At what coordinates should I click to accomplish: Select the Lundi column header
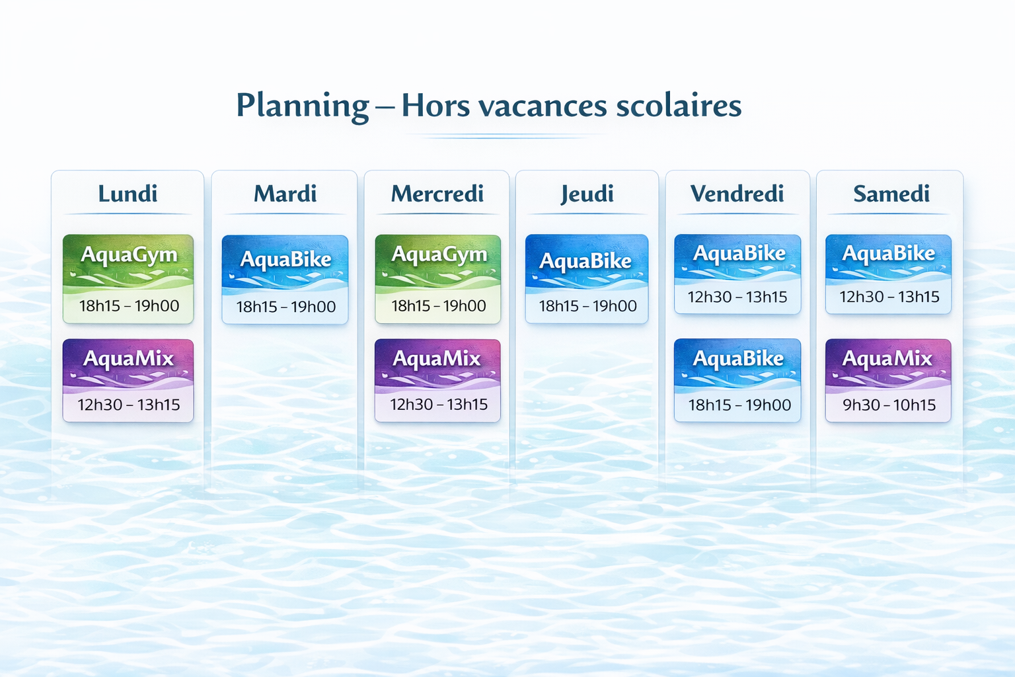128,194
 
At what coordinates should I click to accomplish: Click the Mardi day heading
285,194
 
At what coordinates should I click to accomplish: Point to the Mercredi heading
437,194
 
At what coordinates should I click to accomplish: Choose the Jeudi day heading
587,194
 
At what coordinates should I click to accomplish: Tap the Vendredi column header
737,194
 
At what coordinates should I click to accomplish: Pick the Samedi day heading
891,194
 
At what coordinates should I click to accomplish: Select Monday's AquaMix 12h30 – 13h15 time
129,405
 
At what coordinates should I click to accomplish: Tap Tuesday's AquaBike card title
285,259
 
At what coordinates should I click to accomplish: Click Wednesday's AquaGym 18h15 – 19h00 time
439,306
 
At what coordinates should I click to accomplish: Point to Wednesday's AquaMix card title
436,359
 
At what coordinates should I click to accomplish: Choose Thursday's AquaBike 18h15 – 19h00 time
587,306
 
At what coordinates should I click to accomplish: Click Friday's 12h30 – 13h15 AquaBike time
737,297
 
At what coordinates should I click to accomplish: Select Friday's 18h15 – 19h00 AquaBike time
739,405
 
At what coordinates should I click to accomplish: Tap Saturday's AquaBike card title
889,253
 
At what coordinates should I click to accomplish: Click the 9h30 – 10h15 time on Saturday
889,405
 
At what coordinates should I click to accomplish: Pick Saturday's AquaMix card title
887,359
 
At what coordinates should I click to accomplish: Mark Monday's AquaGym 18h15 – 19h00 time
129,306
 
